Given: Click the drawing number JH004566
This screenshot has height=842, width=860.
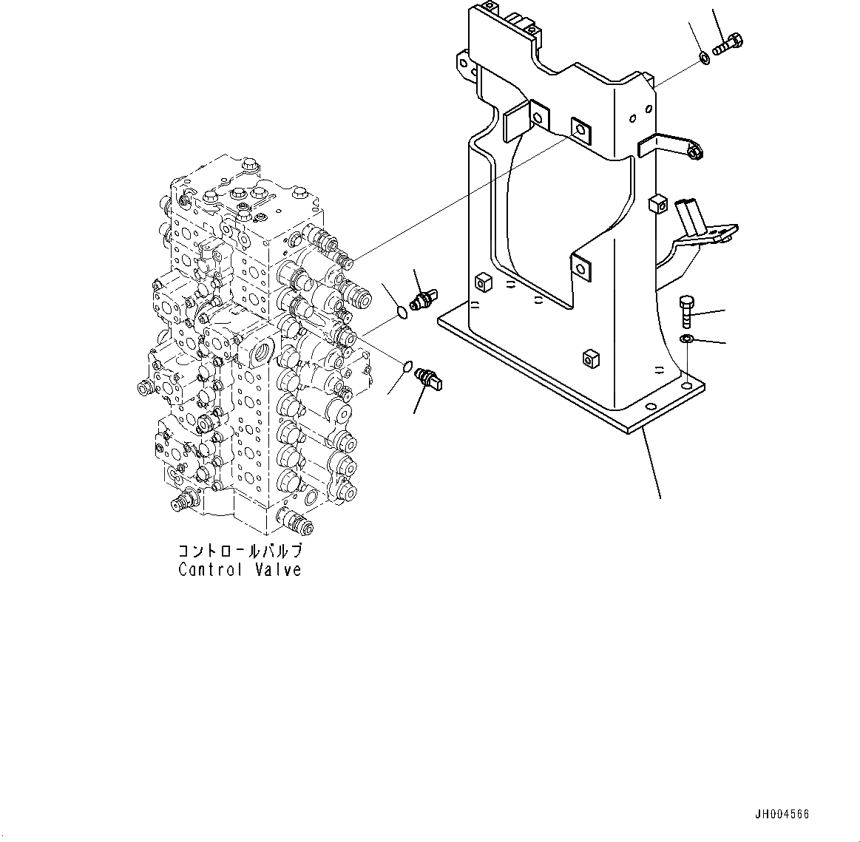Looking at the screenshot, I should click(783, 814).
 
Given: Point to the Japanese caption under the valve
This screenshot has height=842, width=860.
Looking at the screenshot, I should click(239, 551).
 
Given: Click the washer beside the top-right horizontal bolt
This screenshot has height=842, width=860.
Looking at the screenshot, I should click(705, 58).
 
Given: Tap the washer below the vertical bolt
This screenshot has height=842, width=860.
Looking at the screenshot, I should click(686, 339).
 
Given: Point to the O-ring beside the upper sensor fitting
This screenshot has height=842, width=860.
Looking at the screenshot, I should click(401, 313).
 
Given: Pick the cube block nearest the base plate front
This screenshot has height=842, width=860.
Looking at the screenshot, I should click(589, 359).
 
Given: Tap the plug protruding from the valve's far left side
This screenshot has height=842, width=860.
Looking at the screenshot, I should click(145, 387).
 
